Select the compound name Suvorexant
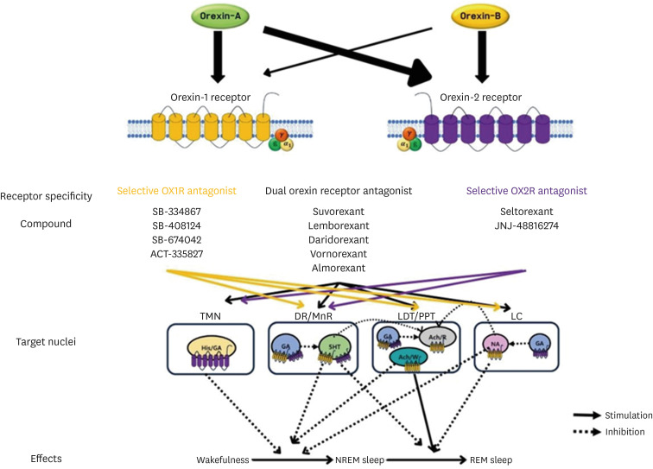(x=338, y=211)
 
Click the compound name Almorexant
(x=338, y=269)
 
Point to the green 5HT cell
(x=331, y=347)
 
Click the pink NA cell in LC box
(x=494, y=345)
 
